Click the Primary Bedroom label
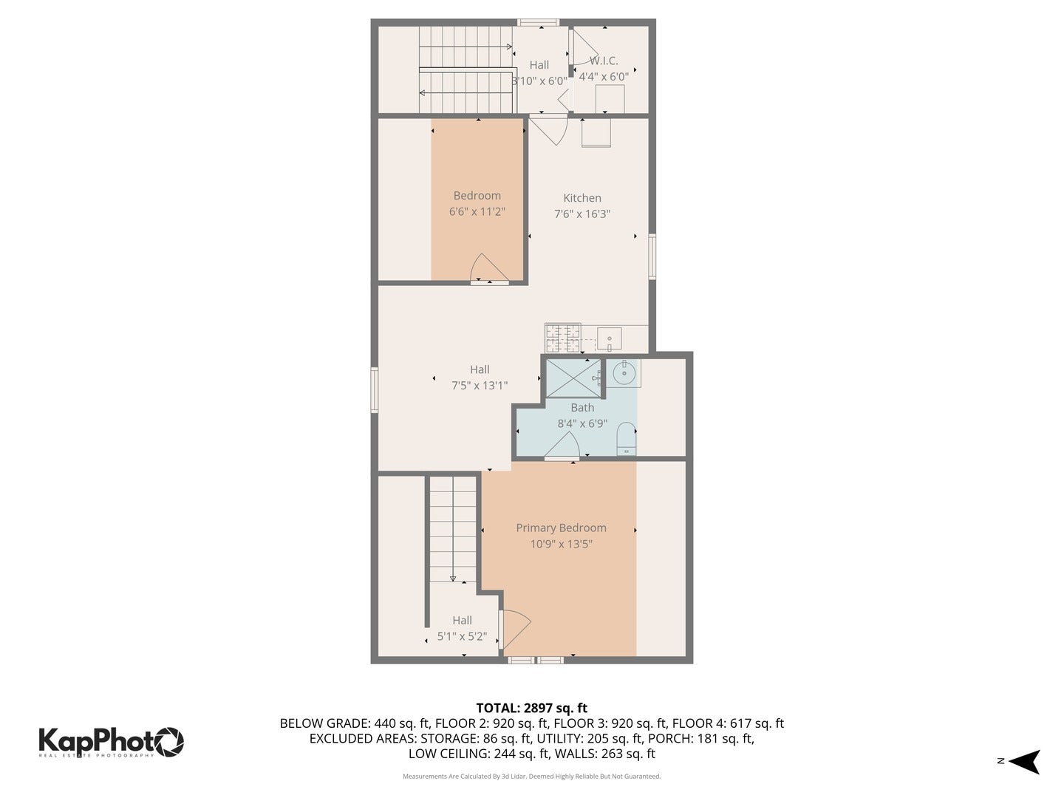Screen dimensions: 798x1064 click(561, 528)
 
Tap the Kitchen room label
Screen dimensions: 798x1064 click(582, 197)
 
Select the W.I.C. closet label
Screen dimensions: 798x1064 click(604, 61)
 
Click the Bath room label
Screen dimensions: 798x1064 click(582, 407)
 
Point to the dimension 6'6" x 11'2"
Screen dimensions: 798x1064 click(477, 211)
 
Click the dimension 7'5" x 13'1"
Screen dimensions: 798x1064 click(480, 385)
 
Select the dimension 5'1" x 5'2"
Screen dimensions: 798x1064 click(462, 636)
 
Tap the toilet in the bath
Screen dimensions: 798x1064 click(626, 438)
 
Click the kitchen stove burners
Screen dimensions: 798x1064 click(562, 338)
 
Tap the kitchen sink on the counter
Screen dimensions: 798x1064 click(610, 339)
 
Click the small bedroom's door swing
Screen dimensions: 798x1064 click(488, 268)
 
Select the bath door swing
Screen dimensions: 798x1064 click(564, 446)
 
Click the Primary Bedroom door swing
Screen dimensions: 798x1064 click(515, 629)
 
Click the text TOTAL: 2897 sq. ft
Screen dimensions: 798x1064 click(531, 708)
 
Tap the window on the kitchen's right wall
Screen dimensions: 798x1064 click(652, 256)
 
